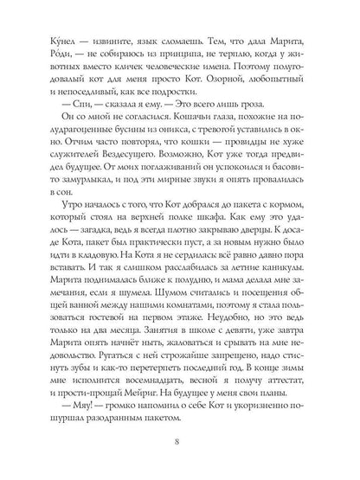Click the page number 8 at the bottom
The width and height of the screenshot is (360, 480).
[x=179, y=445]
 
